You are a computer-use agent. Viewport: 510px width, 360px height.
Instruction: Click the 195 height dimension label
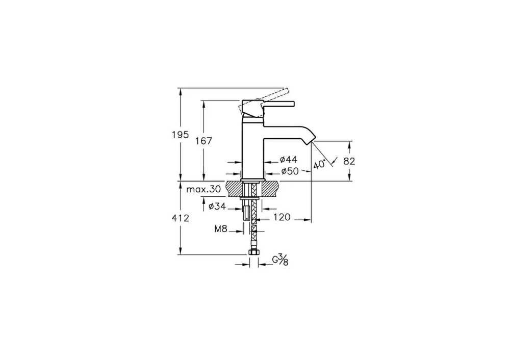pos(180,135)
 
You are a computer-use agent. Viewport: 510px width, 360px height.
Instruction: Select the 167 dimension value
pos(203,141)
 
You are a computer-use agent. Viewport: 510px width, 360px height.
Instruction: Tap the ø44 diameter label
pos(289,160)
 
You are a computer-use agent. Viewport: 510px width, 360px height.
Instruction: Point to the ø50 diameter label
pos(290,171)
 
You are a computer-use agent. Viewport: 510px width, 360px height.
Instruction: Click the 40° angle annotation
pos(319,164)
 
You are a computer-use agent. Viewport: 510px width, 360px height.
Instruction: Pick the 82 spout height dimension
pos(349,161)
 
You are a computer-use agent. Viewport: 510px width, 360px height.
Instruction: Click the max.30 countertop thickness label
pos(203,189)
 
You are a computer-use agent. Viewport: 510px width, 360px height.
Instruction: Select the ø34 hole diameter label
pos(217,207)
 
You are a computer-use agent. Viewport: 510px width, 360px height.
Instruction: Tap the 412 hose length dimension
pos(181,218)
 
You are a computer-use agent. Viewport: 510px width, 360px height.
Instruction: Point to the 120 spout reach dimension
pos(282,217)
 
